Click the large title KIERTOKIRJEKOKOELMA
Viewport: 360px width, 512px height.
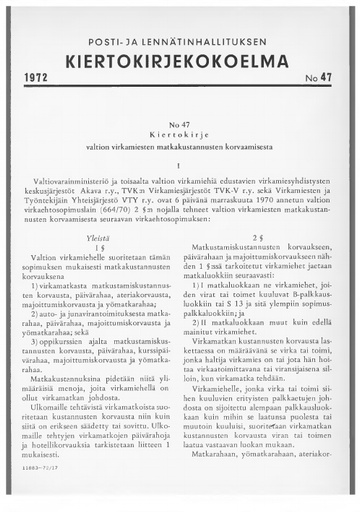coord(179,53)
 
